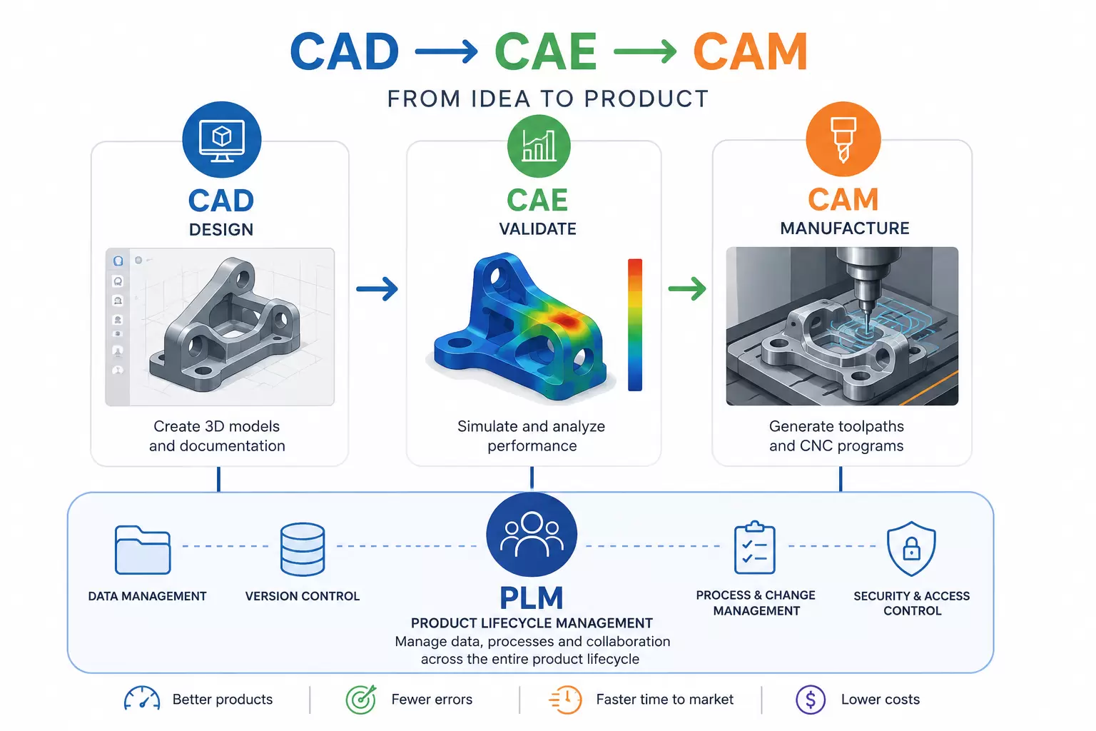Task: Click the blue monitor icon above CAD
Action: pyautogui.click(x=222, y=139)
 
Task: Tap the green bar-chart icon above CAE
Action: pyautogui.click(x=539, y=146)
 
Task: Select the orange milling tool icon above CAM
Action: pyautogui.click(x=843, y=139)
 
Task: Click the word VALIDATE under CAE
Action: pyautogui.click(x=538, y=228)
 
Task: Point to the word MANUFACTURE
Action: pyautogui.click(x=845, y=228)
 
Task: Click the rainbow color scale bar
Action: pyautogui.click(x=634, y=325)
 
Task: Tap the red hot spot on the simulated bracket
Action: pyautogui.click(x=564, y=321)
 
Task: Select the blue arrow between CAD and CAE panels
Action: pyautogui.click(x=377, y=289)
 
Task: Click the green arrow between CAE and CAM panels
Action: pyautogui.click(x=687, y=288)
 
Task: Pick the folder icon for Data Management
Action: pyautogui.click(x=143, y=550)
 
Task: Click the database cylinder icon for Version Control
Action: pyautogui.click(x=303, y=549)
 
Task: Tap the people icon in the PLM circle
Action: pyautogui.click(x=532, y=535)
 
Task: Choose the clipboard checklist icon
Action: pyautogui.click(x=754, y=547)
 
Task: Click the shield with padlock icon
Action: pyautogui.click(x=911, y=548)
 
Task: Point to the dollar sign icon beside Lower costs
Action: pyautogui.click(x=811, y=699)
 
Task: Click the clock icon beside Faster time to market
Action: pyautogui.click(x=566, y=699)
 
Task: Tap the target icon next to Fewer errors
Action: pyautogui.click(x=361, y=699)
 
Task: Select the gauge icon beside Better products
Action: pyautogui.click(x=142, y=698)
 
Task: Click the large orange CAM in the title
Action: pyautogui.click(x=750, y=51)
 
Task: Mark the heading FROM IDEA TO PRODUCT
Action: pyautogui.click(x=547, y=99)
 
